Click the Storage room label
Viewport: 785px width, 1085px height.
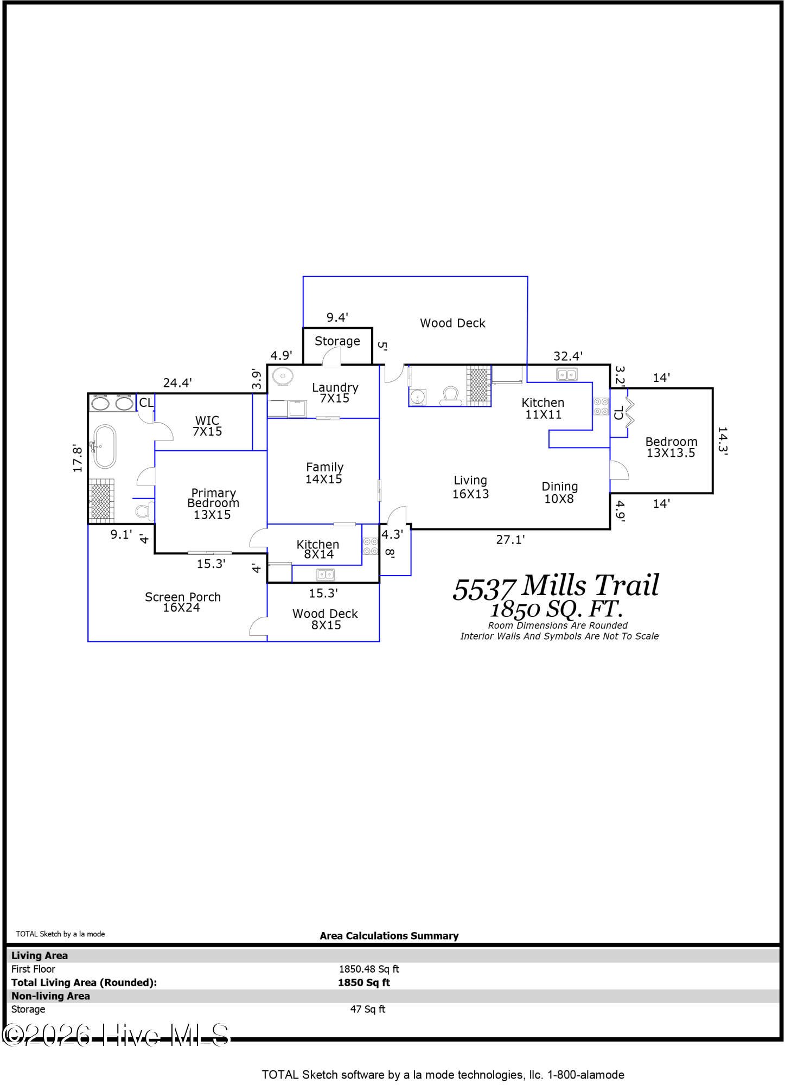point(337,341)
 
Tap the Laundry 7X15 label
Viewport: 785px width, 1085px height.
point(335,393)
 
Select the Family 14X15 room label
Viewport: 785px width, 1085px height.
point(324,473)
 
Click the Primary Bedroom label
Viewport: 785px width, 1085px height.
point(213,503)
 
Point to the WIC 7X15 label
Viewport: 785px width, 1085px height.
point(207,426)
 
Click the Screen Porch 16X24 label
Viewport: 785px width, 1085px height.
point(182,602)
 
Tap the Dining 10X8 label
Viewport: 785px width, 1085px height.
point(559,493)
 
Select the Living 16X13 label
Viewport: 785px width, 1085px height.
point(470,487)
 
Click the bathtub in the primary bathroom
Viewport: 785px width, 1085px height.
point(105,446)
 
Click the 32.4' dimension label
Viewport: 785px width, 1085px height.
point(567,356)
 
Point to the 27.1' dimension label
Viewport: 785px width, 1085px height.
point(510,539)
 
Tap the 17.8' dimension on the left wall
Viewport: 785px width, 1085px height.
point(78,458)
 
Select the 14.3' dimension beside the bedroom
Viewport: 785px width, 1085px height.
point(723,441)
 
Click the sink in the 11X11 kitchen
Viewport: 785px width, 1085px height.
point(567,374)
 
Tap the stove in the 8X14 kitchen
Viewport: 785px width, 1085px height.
point(371,546)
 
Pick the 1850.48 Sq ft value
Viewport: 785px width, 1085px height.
point(369,969)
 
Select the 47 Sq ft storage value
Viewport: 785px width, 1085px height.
point(367,1009)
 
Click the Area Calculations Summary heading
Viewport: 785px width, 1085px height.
point(389,936)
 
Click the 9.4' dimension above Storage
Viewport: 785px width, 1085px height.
point(337,317)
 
